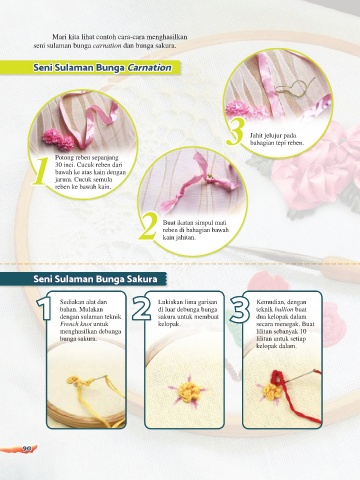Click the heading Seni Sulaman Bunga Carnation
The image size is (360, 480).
102,68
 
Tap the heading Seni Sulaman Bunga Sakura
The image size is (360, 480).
95,279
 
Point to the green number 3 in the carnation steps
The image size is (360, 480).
235,132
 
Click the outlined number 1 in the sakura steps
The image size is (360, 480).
44,308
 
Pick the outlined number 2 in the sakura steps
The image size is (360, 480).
141,308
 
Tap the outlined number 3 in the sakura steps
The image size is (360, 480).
240,309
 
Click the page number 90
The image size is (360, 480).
27,449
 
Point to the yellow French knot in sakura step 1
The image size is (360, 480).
77,380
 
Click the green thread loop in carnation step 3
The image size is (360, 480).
295,85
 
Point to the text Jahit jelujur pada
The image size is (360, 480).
273,136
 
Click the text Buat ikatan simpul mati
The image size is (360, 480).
195,222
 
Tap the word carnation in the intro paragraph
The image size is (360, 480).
107,46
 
